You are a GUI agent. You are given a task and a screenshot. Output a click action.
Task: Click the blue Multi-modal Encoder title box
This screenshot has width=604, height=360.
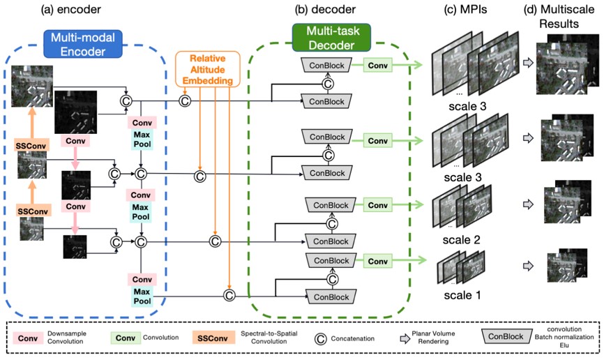click(x=83, y=45)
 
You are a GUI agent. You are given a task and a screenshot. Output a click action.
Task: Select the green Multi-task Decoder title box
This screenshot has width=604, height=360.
click(x=332, y=38)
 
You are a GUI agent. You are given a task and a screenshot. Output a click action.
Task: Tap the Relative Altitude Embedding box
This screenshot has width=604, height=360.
click(x=208, y=69)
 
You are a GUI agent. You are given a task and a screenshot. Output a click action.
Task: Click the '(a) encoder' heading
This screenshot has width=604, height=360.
click(x=71, y=9)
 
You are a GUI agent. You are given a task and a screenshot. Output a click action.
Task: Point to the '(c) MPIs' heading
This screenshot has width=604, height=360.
click(x=465, y=9)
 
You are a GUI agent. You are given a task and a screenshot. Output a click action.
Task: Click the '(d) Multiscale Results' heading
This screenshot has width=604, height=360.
click(x=559, y=16)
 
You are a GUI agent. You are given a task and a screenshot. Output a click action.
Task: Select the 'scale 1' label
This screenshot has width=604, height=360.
click(x=462, y=295)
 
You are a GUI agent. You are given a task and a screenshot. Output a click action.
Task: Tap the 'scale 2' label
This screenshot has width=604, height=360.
click(x=462, y=240)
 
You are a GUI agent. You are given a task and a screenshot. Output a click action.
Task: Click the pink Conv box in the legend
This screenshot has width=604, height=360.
click(x=28, y=338)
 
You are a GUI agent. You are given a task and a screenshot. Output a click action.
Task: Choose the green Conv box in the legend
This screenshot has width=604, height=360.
click(x=126, y=338)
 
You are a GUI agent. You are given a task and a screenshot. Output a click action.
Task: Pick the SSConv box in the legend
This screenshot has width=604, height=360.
click(x=213, y=338)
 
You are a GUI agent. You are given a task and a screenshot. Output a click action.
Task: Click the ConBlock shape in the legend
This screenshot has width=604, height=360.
click(x=506, y=336)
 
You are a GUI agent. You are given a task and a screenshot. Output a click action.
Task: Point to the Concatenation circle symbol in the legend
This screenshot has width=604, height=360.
click(x=321, y=338)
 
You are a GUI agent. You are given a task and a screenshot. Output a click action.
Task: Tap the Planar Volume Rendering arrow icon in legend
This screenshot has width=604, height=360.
click(x=405, y=338)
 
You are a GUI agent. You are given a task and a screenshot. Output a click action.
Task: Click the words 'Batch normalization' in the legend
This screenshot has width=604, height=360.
click(x=564, y=337)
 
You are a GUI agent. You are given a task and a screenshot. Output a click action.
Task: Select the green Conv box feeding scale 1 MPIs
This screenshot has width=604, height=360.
click(x=378, y=261)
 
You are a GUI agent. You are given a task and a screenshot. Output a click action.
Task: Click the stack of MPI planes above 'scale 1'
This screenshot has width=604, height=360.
click(x=461, y=267)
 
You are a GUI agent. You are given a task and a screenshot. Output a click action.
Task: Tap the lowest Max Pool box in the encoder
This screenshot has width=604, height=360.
click(x=142, y=296)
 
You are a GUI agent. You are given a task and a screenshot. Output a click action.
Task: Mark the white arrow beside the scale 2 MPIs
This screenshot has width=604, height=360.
click(x=528, y=204)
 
